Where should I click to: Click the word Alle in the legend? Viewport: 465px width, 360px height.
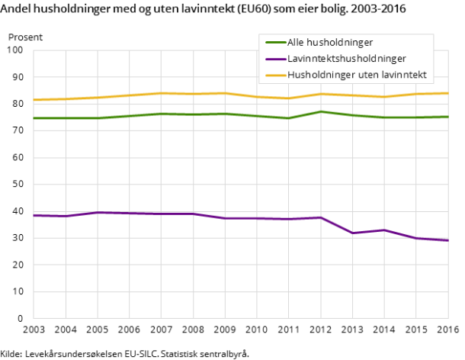click(296, 43)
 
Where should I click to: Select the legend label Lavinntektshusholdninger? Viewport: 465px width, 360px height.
click(347, 59)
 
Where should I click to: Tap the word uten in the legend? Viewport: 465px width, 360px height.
click(370, 75)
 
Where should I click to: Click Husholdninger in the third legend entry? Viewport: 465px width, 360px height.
click(320, 75)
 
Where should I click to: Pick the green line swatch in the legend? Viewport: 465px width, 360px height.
click(274, 43)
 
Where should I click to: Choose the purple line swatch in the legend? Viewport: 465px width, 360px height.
click(274, 59)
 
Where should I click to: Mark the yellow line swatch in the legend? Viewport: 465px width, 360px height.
click(274, 75)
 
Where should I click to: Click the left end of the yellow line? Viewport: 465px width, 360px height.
click(34, 100)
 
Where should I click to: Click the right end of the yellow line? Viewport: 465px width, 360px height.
click(448, 93)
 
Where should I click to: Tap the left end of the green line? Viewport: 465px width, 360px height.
click(34, 118)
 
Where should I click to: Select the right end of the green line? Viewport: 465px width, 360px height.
click(448, 117)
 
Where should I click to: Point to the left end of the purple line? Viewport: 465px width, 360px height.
click(34, 215)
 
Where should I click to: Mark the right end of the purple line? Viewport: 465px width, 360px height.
click(448, 240)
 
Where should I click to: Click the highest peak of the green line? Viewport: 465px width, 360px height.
click(320, 111)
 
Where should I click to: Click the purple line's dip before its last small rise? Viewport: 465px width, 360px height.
click(352, 233)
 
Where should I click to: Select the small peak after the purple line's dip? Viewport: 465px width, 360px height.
click(384, 230)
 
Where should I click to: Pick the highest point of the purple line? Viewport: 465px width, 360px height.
click(98, 212)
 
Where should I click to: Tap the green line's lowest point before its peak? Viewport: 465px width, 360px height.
click(288, 118)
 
